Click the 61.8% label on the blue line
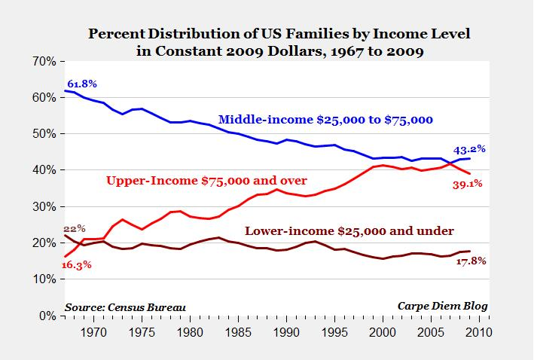[x=82, y=83]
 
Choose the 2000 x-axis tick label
[x=383, y=331]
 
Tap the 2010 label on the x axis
[x=479, y=331]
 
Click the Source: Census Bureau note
[x=124, y=307]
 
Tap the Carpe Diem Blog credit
[x=442, y=307]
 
